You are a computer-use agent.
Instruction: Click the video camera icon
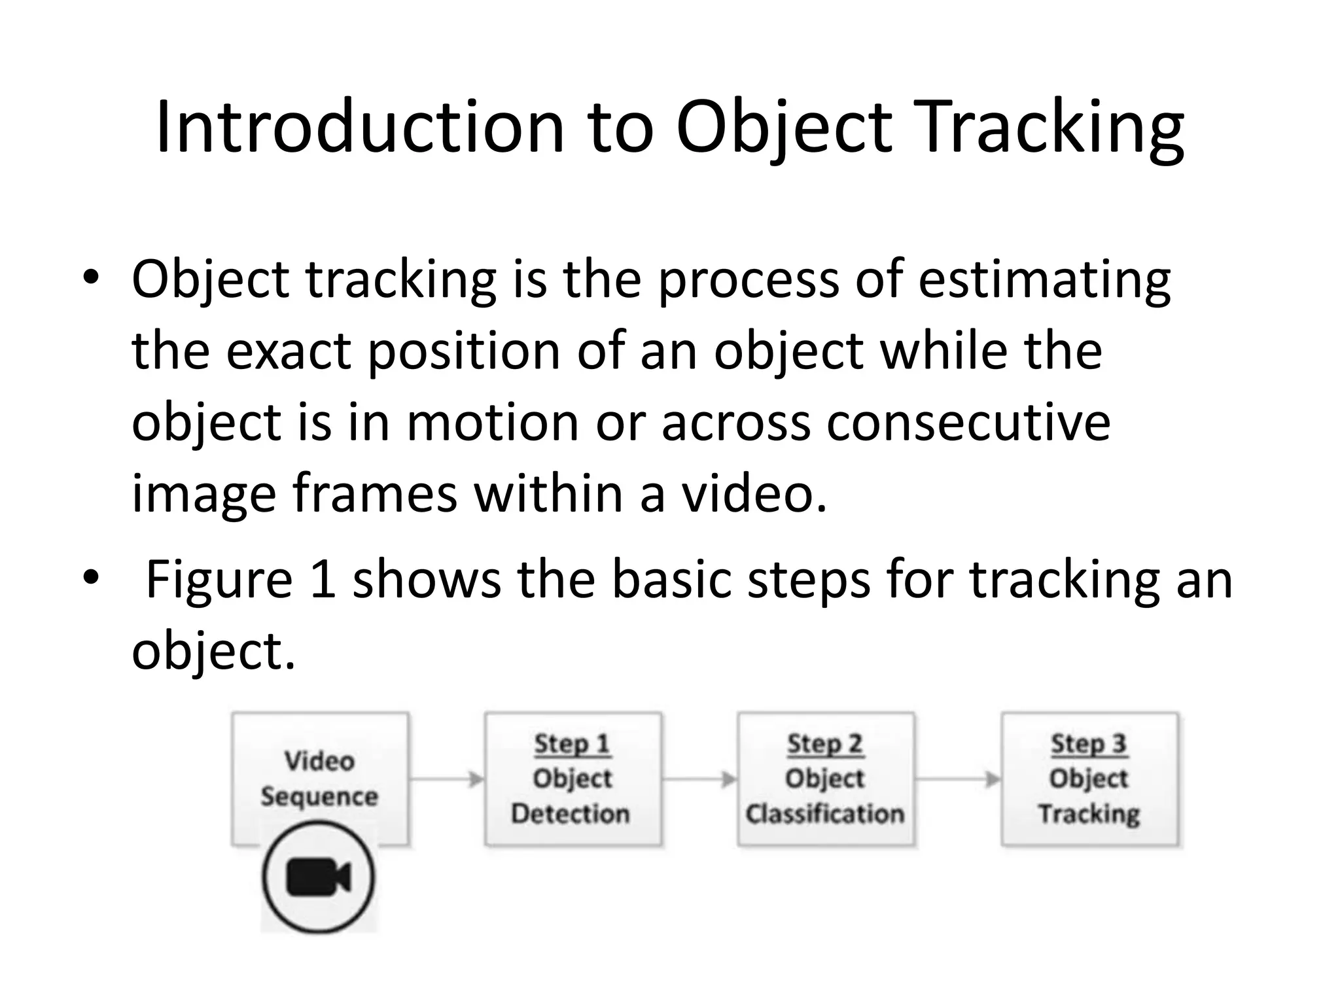(319, 877)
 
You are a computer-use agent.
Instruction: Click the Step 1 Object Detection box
(573, 779)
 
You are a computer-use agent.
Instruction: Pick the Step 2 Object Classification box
(825, 779)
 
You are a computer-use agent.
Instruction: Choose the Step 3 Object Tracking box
(1089, 779)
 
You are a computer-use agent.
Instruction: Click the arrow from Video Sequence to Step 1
(447, 779)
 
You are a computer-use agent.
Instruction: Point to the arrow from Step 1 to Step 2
(699, 779)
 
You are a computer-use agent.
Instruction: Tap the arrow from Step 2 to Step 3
(958, 779)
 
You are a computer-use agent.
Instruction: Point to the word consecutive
(968, 422)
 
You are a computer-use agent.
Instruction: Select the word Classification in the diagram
(825, 814)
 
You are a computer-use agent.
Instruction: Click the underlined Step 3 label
(1089, 744)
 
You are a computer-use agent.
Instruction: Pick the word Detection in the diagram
(571, 814)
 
